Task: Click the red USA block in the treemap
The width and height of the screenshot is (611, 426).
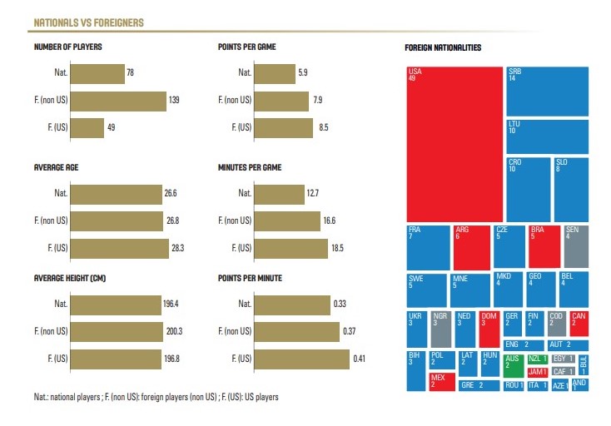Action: click(455, 143)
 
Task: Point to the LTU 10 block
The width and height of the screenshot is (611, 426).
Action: click(547, 136)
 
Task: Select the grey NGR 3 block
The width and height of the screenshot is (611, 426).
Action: click(441, 329)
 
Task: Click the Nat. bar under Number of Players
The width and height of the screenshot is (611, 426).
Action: click(97, 72)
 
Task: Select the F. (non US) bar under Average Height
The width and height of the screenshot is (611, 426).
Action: click(117, 331)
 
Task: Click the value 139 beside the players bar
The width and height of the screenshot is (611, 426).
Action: click(174, 100)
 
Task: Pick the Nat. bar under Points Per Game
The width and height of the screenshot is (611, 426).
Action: click(274, 72)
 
